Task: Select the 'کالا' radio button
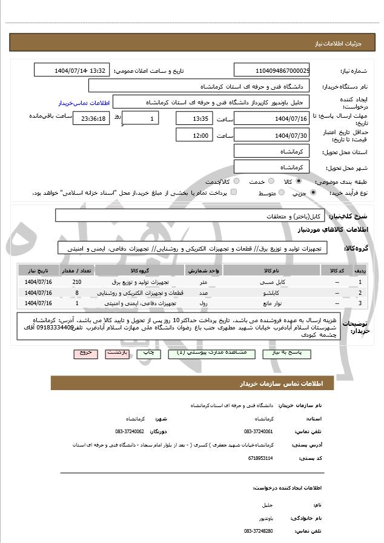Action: point(298,181)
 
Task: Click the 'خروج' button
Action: point(85,352)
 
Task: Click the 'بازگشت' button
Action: point(116,352)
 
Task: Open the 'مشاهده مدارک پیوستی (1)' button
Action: point(198,352)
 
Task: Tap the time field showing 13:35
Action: point(194,118)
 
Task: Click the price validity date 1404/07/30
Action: point(272,135)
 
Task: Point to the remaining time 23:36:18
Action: point(91,118)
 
